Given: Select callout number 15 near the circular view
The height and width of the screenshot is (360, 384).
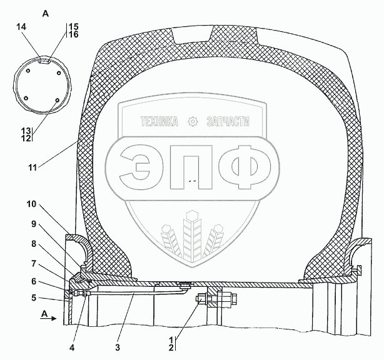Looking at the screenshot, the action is (x=73, y=26).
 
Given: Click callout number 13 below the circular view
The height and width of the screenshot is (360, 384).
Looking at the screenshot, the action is (x=26, y=130).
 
